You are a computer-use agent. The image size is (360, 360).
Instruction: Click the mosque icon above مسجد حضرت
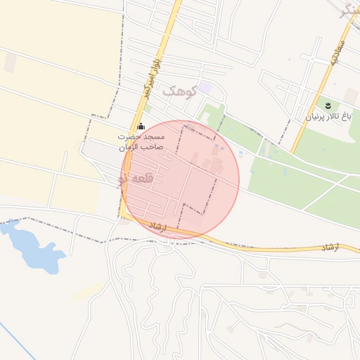click(x=141, y=127)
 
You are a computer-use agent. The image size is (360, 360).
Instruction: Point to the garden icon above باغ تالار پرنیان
click(x=328, y=105)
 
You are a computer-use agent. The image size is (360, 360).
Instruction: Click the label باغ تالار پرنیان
click(x=327, y=116)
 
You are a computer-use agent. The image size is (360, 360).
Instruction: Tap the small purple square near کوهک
click(x=205, y=88)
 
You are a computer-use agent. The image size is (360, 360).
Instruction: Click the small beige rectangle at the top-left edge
click(x=10, y=63)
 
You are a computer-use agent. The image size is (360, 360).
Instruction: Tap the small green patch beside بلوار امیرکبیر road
click(x=148, y=108)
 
